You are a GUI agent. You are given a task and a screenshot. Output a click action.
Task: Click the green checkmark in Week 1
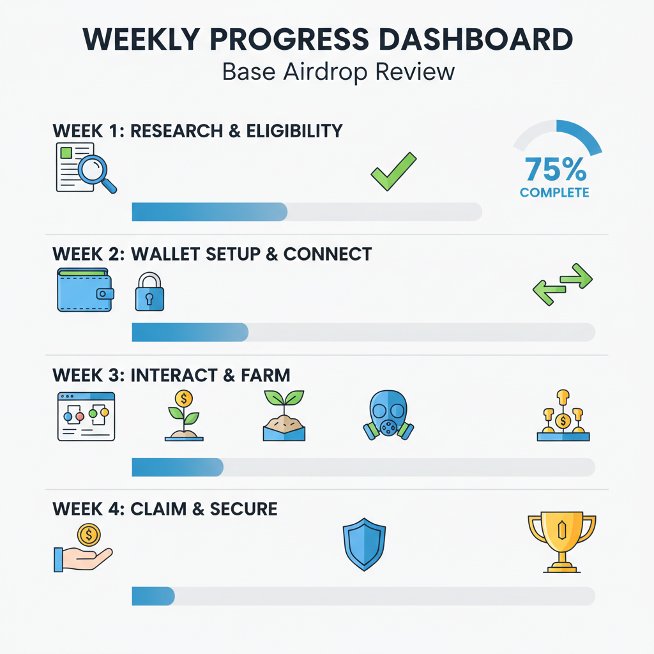coord(393,171)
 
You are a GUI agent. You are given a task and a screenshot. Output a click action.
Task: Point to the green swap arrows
coord(562,284)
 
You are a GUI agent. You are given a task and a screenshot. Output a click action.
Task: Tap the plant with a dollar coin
coord(184,415)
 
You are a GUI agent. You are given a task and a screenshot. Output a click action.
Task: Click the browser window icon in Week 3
coord(86,416)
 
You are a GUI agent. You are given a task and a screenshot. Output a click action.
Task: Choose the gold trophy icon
coord(561,542)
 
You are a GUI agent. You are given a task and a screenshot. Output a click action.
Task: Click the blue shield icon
coord(364,544)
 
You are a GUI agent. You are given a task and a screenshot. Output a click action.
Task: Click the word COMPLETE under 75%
coord(554,192)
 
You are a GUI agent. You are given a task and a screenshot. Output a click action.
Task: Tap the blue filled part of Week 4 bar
coord(153,596)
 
